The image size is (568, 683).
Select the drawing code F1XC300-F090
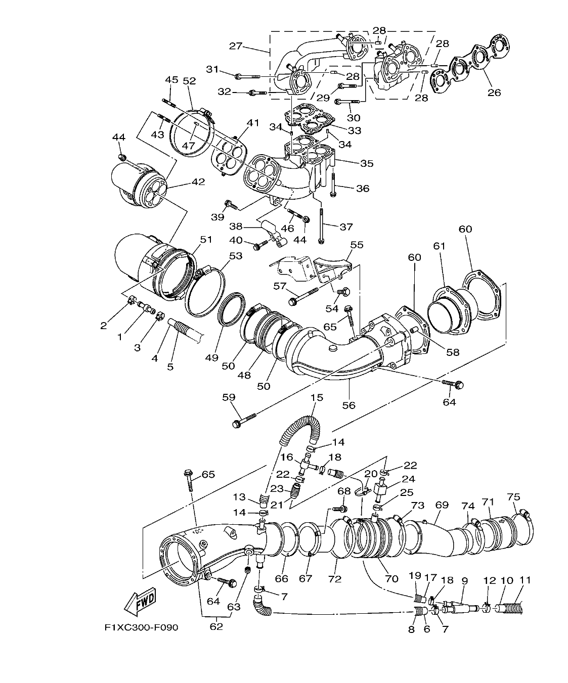141,628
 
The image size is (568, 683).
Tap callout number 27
236,46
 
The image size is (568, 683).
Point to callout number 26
494,93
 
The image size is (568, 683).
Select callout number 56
348,405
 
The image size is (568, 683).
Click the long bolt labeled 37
321,222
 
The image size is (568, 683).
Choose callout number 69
442,505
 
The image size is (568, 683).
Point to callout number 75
514,497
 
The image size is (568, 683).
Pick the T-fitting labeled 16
305,463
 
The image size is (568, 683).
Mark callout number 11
525,580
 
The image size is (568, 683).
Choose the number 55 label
357,245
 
